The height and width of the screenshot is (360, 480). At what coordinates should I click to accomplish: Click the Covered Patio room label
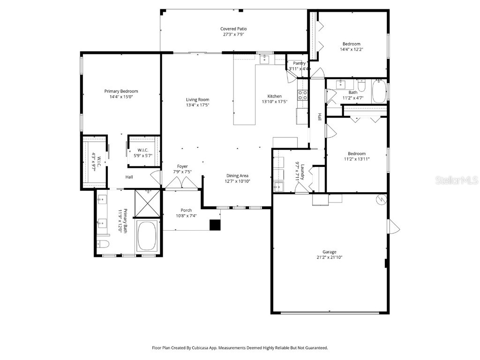pyautogui.click(x=233, y=29)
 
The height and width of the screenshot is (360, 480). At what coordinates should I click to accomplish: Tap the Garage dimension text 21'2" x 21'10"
pyautogui.click(x=329, y=257)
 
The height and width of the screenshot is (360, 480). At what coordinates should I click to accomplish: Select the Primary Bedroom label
pyautogui.click(x=121, y=91)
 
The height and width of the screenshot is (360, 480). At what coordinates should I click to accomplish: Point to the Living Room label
pyautogui.click(x=197, y=99)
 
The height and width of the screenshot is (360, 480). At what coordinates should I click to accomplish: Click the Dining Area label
pyautogui.click(x=237, y=175)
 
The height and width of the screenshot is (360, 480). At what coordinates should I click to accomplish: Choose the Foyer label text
pyautogui.click(x=182, y=166)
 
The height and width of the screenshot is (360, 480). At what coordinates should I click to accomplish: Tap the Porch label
pyautogui.click(x=186, y=210)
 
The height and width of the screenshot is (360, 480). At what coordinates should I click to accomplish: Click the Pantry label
pyautogui.click(x=299, y=63)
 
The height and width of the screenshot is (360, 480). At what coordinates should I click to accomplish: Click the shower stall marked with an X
pyautogui.click(x=148, y=203)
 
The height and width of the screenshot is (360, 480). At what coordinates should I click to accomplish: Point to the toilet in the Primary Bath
pyautogui.click(x=103, y=244)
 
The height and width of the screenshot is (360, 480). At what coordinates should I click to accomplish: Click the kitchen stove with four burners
pyautogui.click(x=303, y=95)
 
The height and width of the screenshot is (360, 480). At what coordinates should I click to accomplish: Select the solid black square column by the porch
pyautogui.click(x=215, y=225)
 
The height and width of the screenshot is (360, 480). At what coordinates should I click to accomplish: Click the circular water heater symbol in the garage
pyautogui.click(x=381, y=199)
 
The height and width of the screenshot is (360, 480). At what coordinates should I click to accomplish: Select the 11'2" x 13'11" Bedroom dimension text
pyautogui.click(x=357, y=159)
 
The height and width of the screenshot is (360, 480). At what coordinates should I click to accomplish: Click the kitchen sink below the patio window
pyautogui.click(x=265, y=59)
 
